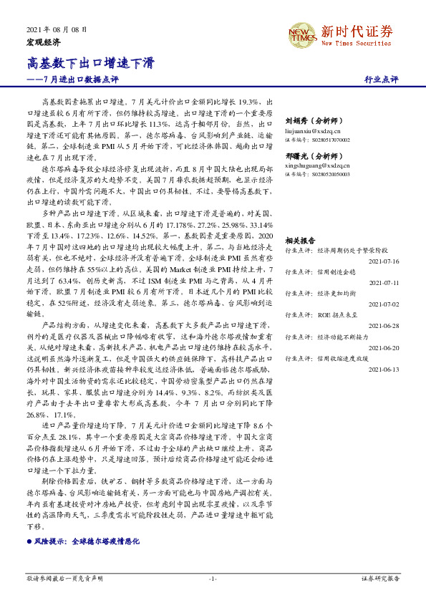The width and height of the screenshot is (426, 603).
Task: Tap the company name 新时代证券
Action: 357,31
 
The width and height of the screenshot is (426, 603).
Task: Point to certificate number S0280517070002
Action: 317,140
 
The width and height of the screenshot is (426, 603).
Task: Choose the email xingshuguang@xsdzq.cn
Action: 316,165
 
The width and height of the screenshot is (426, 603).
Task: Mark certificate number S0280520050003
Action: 317,175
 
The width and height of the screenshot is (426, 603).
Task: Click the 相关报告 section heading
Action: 300,241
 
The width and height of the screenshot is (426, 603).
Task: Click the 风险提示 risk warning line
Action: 86,542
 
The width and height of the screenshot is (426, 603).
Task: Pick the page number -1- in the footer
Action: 213,577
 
